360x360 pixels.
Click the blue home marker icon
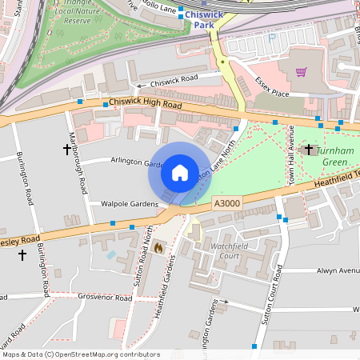point(180,172)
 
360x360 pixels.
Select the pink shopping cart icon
point(302,72)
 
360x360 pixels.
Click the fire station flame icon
point(158,249)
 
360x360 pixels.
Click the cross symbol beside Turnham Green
point(309,149)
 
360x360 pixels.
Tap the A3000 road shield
point(226,206)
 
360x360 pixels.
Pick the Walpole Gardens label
point(128,204)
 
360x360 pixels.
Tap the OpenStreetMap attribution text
point(80,354)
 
